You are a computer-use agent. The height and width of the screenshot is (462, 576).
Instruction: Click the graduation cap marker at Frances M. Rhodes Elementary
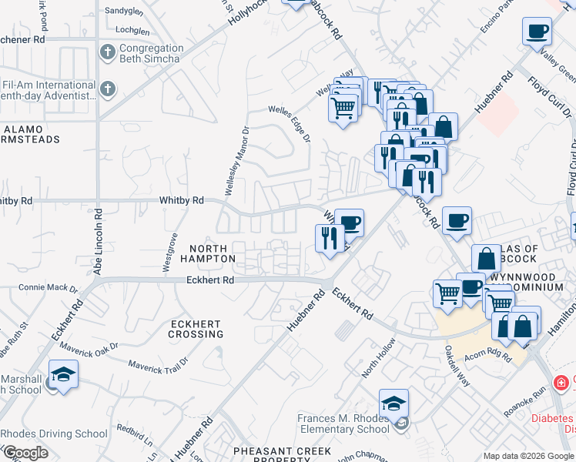point(393,404)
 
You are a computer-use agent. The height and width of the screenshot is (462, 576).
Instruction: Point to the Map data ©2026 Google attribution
point(528,456)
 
